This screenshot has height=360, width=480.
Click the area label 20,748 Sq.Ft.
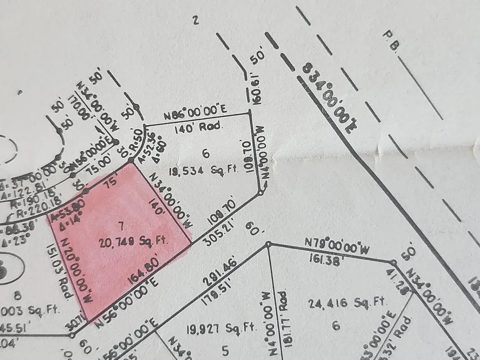pyautogui.click(x=134, y=242)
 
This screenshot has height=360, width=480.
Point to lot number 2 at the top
pyautogui.click(x=196, y=20)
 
